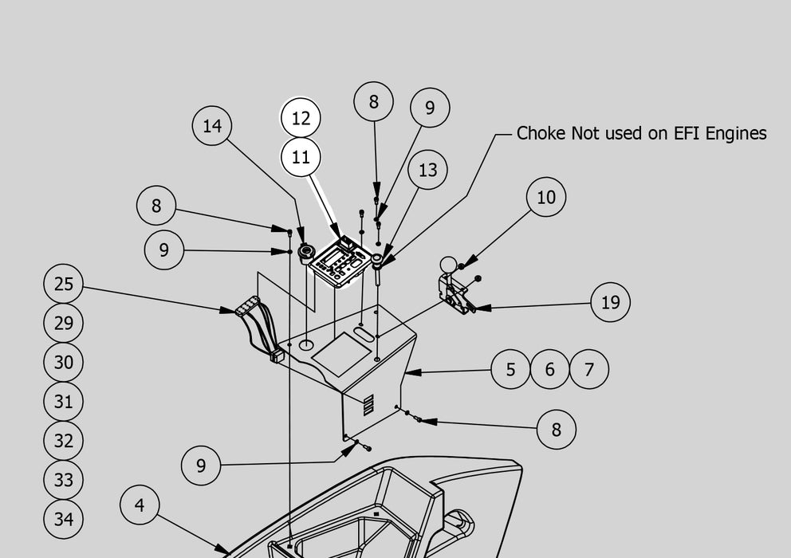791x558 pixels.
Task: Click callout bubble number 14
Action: pyautogui.click(x=212, y=126)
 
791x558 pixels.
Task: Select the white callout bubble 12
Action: pyautogui.click(x=301, y=119)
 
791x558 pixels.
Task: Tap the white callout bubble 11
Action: pyautogui.click(x=301, y=157)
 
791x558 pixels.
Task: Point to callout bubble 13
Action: pyautogui.click(x=427, y=170)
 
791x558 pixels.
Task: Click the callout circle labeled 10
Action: pyautogui.click(x=546, y=197)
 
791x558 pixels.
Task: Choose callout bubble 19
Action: pyautogui.click(x=611, y=302)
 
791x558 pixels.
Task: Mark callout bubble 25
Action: pyautogui.click(x=64, y=284)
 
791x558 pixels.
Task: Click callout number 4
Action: pyautogui.click(x=140, y=505)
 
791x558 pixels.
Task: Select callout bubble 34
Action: pyautogui.click(x=64, y=519)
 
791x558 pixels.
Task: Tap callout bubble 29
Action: pyautogui.click(x=64, y=323)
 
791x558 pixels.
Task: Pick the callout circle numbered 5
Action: pyautogui.click(x=510, y=369)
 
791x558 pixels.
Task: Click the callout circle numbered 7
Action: pyautogui.click(x=589, y=369)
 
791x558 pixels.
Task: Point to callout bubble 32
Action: pyautogui.click(x=64, y=441)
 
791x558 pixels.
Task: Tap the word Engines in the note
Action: pyautogui.click(x=738, y=133)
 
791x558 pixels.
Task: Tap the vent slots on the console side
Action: pyautogui.click(x=368, y=405)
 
